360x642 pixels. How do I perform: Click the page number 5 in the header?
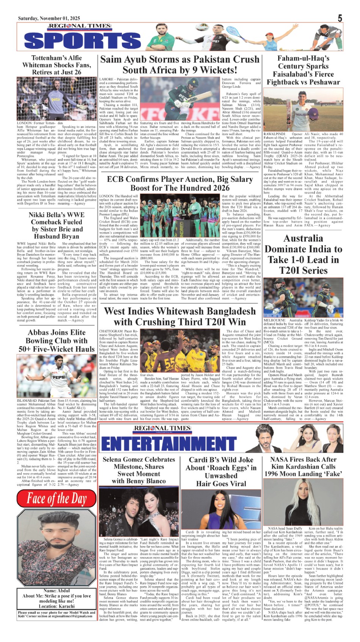pos(340,18)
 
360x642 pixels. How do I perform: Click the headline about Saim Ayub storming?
pos(180,65)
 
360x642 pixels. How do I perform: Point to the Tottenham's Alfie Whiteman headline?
pos(56,65)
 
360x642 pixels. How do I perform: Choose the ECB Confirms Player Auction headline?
pos(180,183)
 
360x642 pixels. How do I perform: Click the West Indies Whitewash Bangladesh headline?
pos(180,316)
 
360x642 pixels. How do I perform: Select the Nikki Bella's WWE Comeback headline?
pos(56,225)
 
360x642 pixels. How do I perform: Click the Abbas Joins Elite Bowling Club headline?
pos(56,341)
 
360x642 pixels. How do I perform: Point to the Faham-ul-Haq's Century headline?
pos(303,70)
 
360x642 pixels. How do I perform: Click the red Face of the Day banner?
pos(56,499)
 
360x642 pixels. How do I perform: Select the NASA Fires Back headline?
pos(303,466)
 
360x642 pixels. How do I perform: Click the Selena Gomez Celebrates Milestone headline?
pos(138,470)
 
